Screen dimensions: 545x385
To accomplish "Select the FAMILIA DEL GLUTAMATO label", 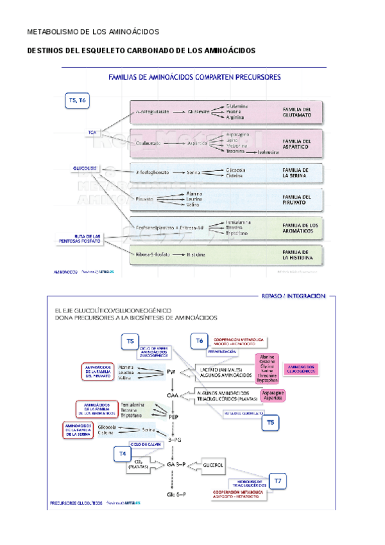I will click(297, 112).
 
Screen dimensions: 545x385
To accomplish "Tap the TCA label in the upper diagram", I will click(92, 132).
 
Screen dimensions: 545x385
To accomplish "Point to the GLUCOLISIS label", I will click(85, 168).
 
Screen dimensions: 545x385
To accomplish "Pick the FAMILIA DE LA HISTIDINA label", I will click(297, 255).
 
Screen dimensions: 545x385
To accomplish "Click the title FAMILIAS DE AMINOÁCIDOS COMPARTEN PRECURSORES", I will click(194, 77).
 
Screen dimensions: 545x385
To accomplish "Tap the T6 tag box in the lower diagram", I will click(199, 341).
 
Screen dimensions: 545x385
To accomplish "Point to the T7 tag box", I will click(277, 480).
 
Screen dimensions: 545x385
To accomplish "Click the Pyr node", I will click(171, 372).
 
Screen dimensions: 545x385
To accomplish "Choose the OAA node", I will click(171, 395).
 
